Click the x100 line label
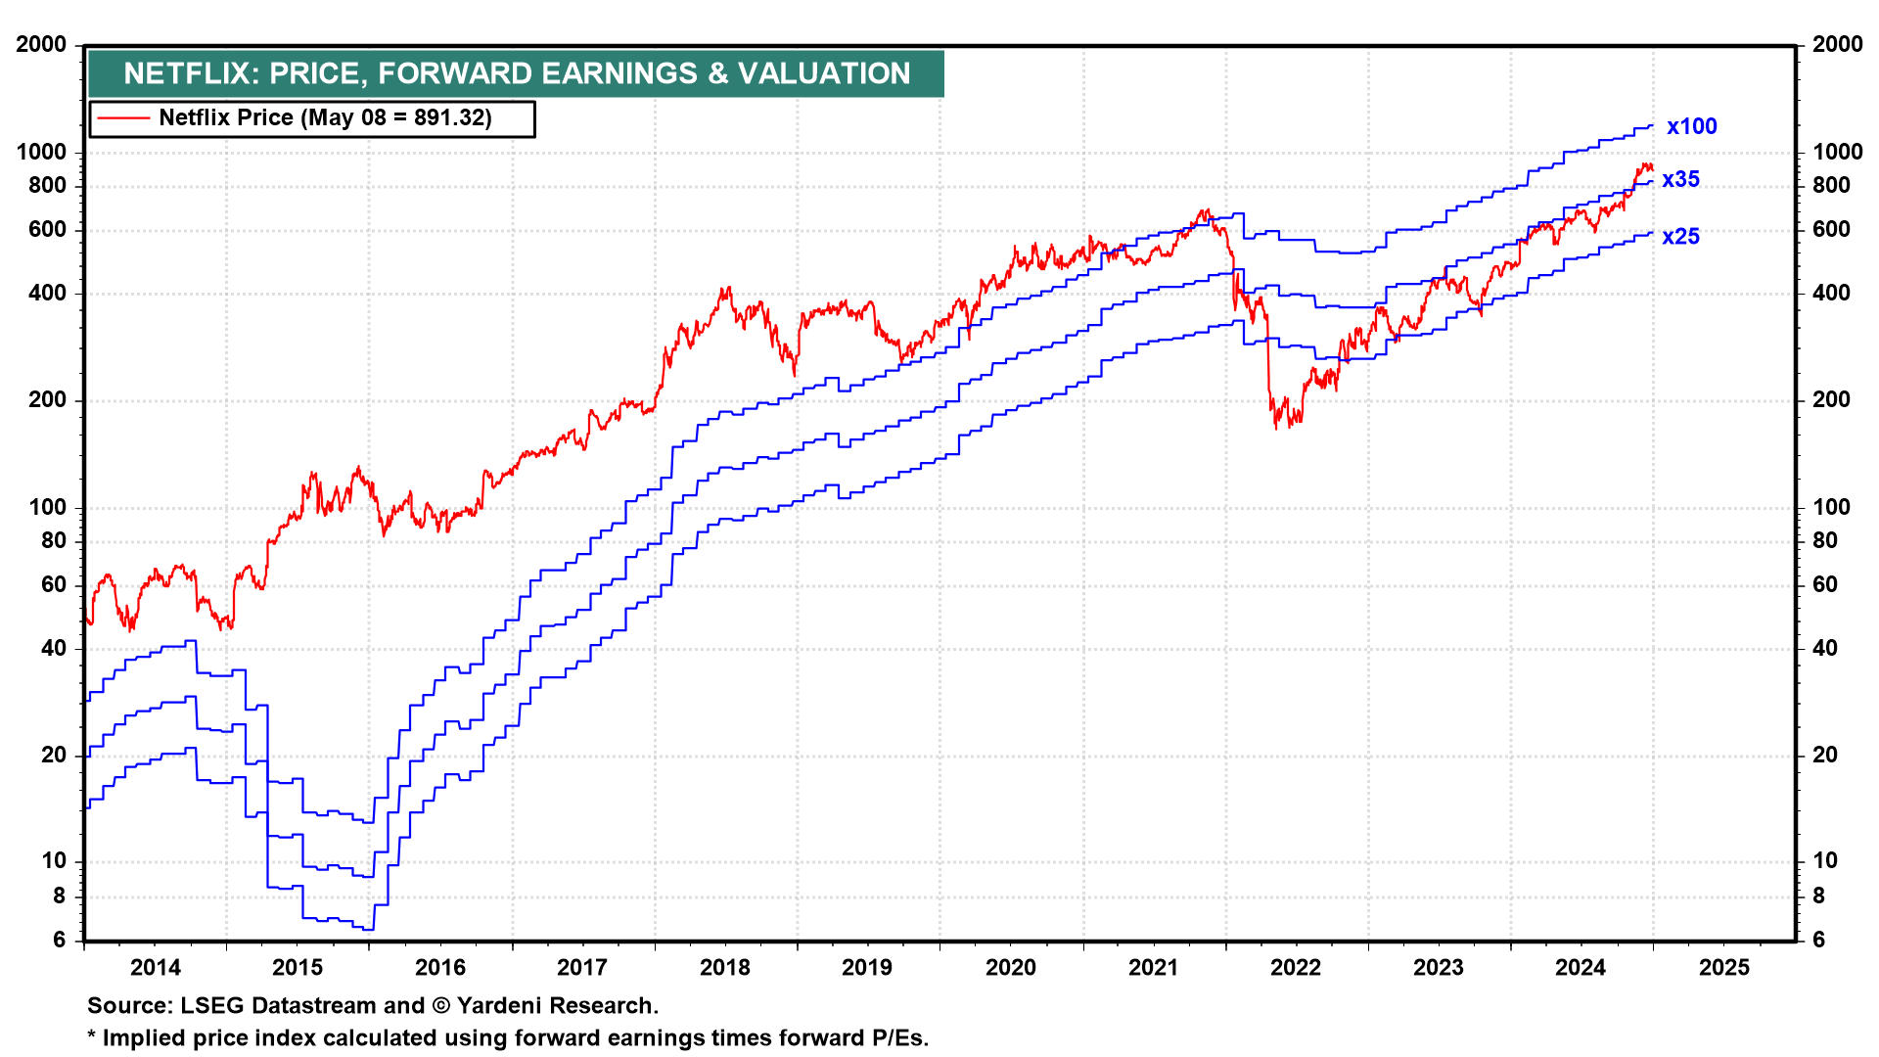pos(1691,126)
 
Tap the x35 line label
pos(1680,179)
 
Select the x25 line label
pos(1680,237)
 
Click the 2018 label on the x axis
pos(724,967)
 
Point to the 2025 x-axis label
pos(1723,967)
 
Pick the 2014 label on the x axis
pos(155,967)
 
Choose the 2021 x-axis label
pos(1153,967)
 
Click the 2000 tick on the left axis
pos(41,44)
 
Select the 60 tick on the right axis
pos(1824,584)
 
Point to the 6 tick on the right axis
pos(1818,940)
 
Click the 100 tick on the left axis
pos(48,507)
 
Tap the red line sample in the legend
pos(123,118)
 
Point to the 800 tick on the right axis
pos(1831,185)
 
